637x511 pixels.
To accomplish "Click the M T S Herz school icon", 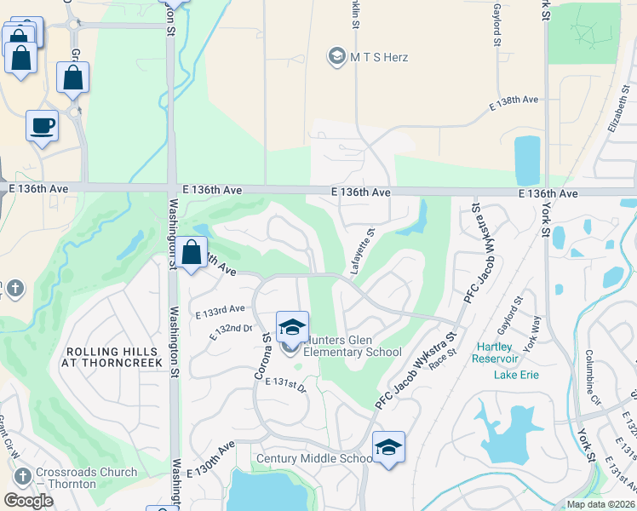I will (x=336, y=57).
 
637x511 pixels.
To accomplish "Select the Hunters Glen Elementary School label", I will (x=352, y=346).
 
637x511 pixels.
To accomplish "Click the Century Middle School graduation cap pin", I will (x=388, y=447).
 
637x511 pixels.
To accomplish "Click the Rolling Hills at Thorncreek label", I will (x=111, y=357).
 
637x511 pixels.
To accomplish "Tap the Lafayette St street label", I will (x=361, y=250).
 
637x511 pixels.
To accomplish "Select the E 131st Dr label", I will (x=284, y=384).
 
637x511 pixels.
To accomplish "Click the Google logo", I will (x=29, y=501).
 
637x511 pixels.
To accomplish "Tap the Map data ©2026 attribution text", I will (x=600, y=504).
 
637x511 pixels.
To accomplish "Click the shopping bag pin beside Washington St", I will (x=192, y=254).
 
